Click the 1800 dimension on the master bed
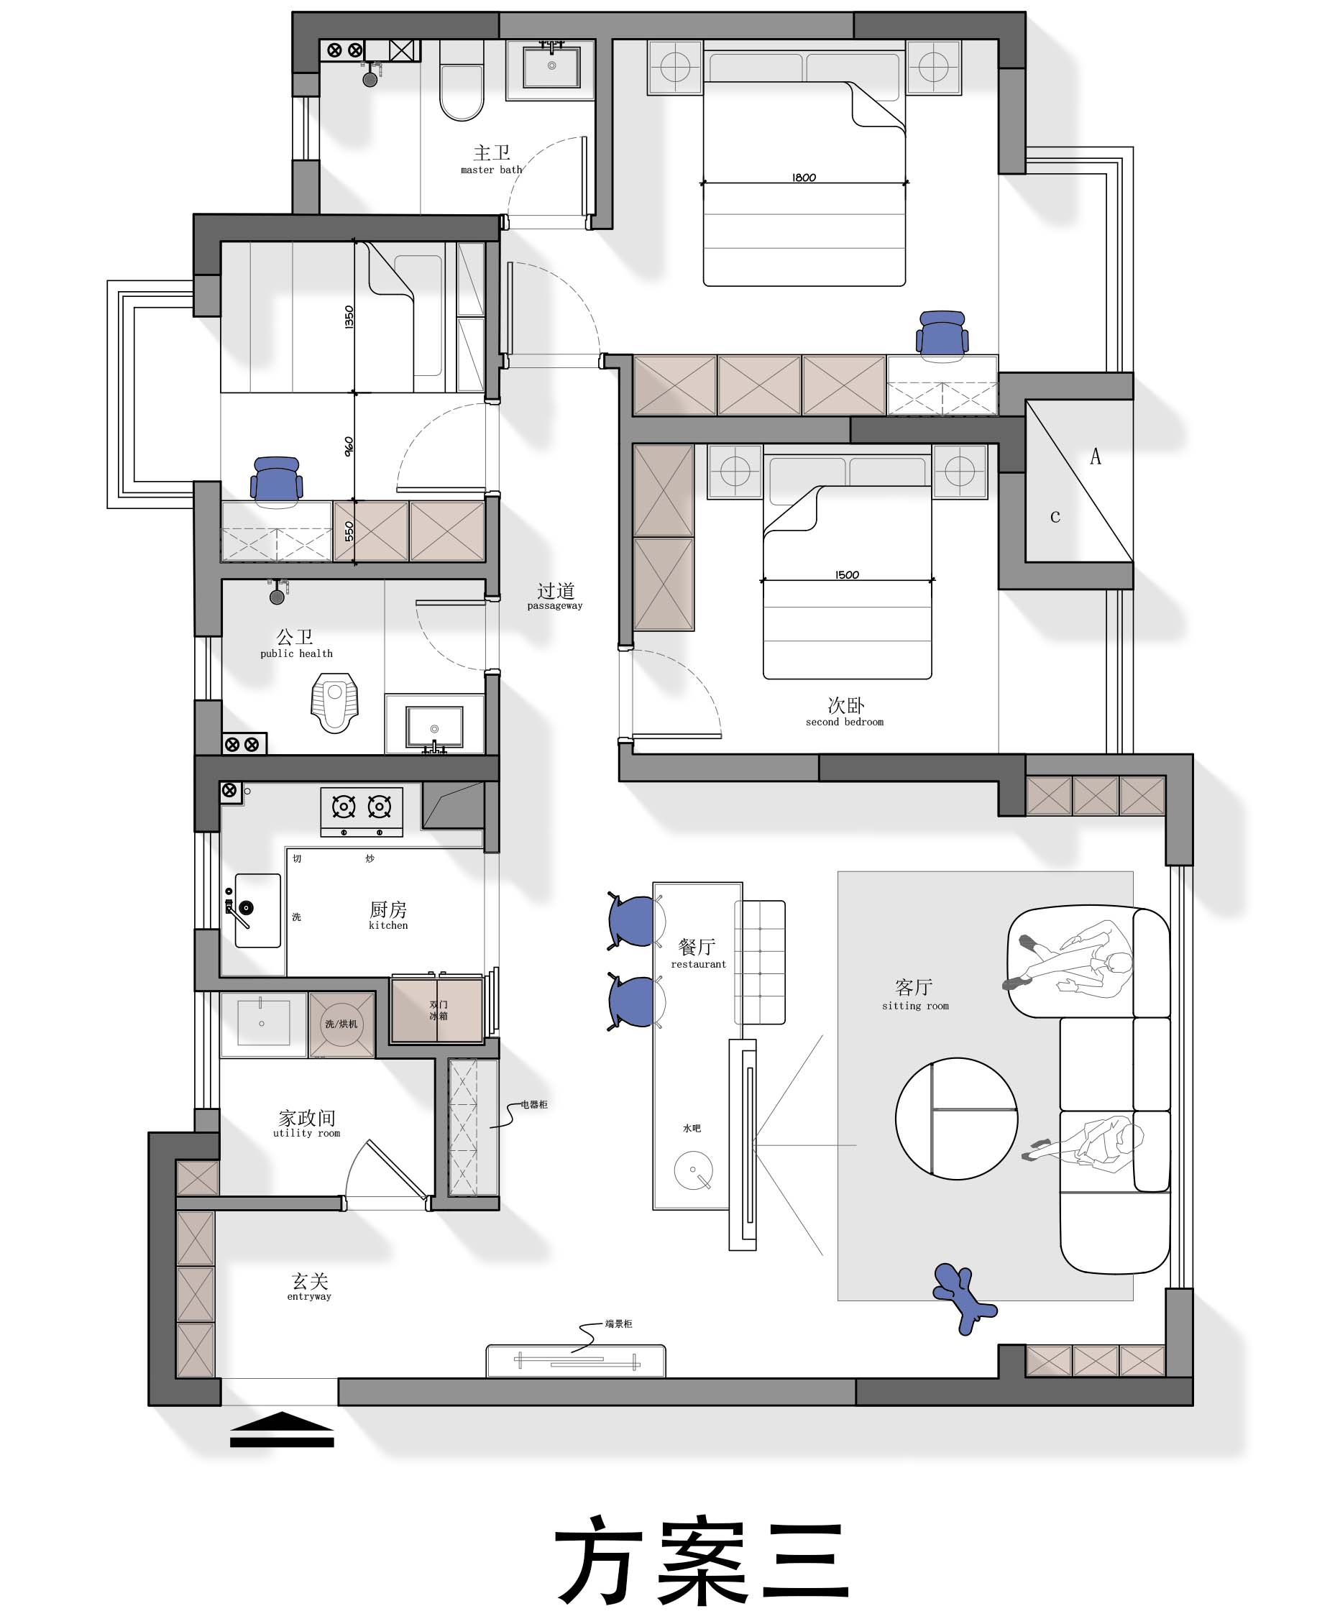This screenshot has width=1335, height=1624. [x=804, y=178]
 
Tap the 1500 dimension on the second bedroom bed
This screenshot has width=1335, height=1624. [x=847, y=574]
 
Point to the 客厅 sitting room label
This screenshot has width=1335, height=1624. [x=915, y=994]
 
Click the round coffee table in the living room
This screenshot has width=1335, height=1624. [x=957, y=1118]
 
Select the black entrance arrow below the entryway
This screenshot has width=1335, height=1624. [x=283, y=1429]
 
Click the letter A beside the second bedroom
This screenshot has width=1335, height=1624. [x=1095, y=457]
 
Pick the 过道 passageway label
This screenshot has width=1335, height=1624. [x=555, y=596]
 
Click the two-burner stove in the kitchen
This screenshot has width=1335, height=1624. [x=362, y=811]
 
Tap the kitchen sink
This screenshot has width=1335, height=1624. [x=257, y=910]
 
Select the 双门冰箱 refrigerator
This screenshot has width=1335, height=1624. [x=437, y=1009]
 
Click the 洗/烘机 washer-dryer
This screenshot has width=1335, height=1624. [x=341, y=1024]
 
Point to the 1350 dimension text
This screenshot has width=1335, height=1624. [x=349, y=317]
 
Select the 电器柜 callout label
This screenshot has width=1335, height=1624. [x=533, y=1104]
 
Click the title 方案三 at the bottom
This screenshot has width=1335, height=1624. [x=702, y=1560]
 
